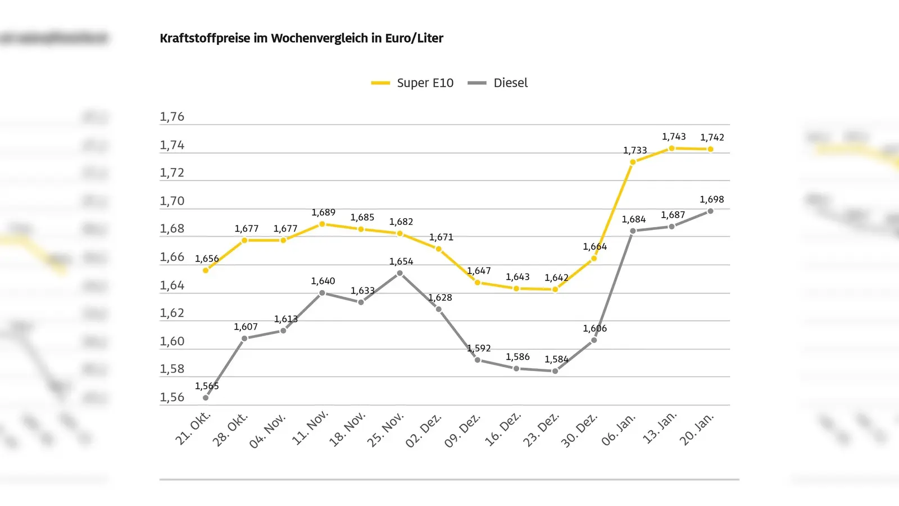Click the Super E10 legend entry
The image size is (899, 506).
pos(413,83)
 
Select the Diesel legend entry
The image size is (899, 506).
pos(498,83)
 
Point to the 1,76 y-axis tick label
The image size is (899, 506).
pos(172,117)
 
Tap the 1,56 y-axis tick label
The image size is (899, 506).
pos(172,397)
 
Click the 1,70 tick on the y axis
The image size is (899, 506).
pos(172,201)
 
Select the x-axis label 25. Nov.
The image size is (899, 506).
pos(386,430)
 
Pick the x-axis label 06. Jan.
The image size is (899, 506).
pos(619,430)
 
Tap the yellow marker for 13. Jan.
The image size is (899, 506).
pos(671,148)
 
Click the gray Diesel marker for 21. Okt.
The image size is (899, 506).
pos(206,398)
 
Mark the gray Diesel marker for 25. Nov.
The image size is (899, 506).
pos(400,273)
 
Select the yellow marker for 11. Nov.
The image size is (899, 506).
pos(322,224)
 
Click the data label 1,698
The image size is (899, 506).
pos(711,200)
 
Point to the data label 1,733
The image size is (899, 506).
pos(635,151)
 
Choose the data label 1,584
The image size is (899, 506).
pos(556,359)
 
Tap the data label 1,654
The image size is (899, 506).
pos(401,261)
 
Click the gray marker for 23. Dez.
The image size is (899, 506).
pos(555,371)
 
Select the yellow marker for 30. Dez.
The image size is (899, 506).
pos(594,259)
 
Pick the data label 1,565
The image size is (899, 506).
pos(207,386)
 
